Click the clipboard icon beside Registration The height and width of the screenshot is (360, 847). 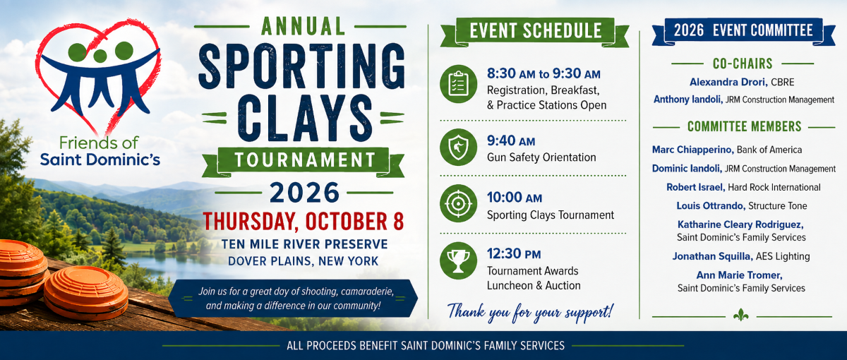click(x=458, y=84)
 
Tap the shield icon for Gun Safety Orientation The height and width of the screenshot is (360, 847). click(x=458, y=147)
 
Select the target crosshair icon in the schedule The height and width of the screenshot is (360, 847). click(x=458, y=203)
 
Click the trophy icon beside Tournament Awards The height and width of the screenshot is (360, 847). click(x=458, y=261)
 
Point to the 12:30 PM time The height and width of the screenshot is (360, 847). click(x=514, y=253)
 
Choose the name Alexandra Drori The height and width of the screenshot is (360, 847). click(x=728, y=82)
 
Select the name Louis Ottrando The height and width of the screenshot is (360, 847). click(x=711, y=205)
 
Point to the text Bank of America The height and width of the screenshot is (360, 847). click(x=769, y=150)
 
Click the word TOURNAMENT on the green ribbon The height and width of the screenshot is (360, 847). click(x=305, y=160)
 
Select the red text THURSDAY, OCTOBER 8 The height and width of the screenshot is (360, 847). click(x=304, y=221)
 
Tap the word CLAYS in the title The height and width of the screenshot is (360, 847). click(x=305, y=118)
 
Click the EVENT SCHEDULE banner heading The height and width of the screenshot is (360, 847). click(x=536, y=31)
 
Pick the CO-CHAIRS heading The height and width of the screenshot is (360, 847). click(x=743, y=64)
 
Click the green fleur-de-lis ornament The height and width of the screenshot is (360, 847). click(x=740, y=315)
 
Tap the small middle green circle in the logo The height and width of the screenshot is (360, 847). click(x=100, y=56)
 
